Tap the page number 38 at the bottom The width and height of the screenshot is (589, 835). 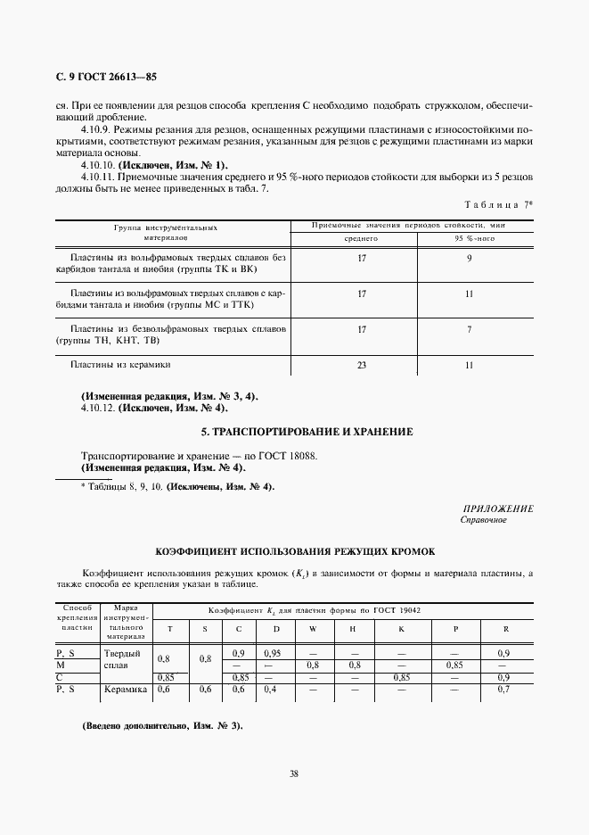pyautogui.click(x=294, y=773)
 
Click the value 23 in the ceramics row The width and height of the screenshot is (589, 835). pyautogui.click(x=362, y=365)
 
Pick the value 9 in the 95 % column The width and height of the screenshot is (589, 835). pyautogui.click(x=469, y=260)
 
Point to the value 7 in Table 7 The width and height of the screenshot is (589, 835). pyautogui.click(x=469, y=329)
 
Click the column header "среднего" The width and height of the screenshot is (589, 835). pyautogui.click(x=362, y=239)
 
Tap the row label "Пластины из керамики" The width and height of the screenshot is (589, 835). pyautogui.click(x=120, y=365)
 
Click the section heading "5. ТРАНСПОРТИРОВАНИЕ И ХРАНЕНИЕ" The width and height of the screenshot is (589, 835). pyautogui.click(x=307, y=432)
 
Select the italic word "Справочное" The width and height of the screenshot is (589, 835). pyautogui.click(x=483, y=519)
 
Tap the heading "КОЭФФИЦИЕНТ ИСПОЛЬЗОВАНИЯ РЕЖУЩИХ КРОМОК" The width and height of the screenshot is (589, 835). pyautogui.click(x=295, y=551)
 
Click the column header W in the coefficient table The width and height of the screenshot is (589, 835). pyautogui.click(x=312, y=629)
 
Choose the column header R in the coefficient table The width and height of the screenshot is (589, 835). pyautogui.click(x=506, y=629)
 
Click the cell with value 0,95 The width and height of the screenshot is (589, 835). pyautogui.click(x=274, y=654)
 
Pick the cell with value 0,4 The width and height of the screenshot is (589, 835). pyautogui.click(x=270, y=689)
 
